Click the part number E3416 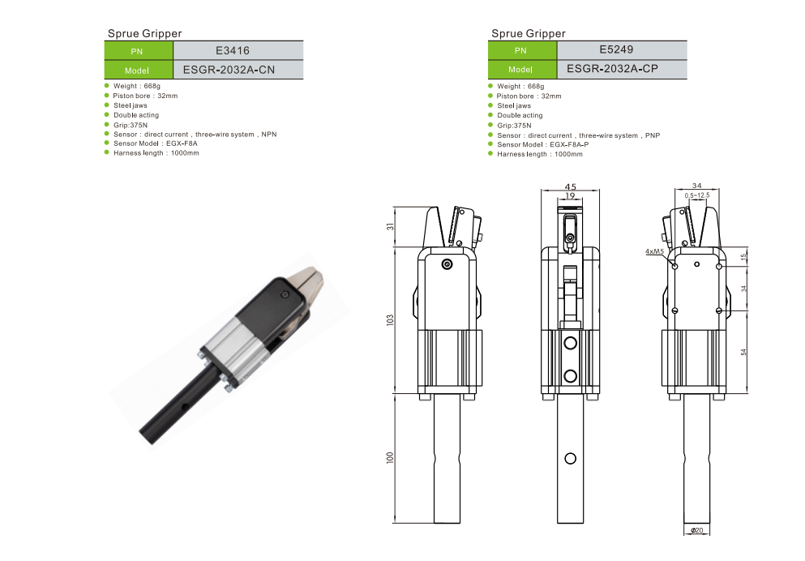coord(233,50)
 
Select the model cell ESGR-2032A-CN coord(229,70)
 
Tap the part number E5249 coord(617,49)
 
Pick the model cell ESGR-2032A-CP coord(613,69)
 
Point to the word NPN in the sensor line coord(269,135)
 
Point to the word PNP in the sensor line coord(653,135)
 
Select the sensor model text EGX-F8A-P coord(569,145)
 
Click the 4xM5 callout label coord(654,251)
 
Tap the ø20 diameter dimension coord(696,530)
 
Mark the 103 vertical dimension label coord(390,320)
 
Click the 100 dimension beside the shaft coord(390,458)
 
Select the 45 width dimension coord(571,186)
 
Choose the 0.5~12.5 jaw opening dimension coord(697,195)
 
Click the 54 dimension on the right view coord(744,352)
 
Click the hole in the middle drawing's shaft coord(571,458)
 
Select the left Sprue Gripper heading coord(145,33)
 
